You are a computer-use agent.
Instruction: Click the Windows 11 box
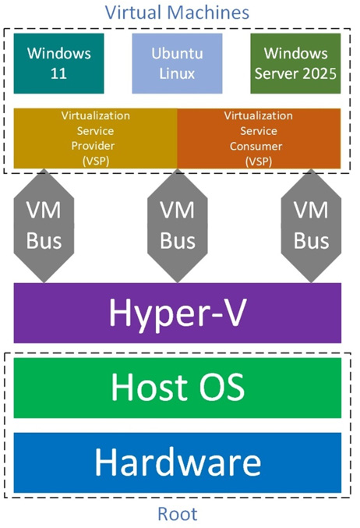click(59, 64)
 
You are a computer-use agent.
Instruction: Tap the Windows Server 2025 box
click(296, 64)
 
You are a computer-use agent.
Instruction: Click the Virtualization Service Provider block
click(96, 138)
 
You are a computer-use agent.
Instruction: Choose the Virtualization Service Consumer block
click(259, 138)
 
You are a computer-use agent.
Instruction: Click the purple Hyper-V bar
click(178, 313)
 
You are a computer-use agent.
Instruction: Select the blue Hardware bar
click(178, 462)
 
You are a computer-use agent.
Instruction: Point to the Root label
click(177, 514)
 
